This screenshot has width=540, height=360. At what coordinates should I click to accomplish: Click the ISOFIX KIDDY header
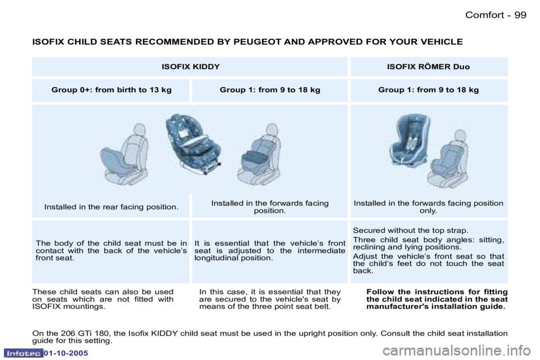[190, 66]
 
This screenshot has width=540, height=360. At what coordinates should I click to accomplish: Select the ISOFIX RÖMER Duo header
[428, 66]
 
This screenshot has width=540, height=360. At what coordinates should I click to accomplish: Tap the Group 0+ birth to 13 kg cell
[111, 90]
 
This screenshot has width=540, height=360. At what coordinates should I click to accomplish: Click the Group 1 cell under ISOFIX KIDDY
[270, 90]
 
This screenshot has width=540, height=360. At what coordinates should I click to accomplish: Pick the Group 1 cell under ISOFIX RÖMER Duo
[428, 90]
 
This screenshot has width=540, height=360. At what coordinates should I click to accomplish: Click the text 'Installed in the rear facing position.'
[111, 207]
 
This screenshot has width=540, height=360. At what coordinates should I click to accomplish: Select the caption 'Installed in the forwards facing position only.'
[428, 207]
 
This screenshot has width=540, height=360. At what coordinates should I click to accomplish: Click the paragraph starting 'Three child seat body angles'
[428, 243]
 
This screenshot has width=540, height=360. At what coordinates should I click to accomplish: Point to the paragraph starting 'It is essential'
[270, 251]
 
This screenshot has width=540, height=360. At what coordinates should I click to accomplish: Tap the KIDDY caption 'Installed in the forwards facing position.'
[270, 207]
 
